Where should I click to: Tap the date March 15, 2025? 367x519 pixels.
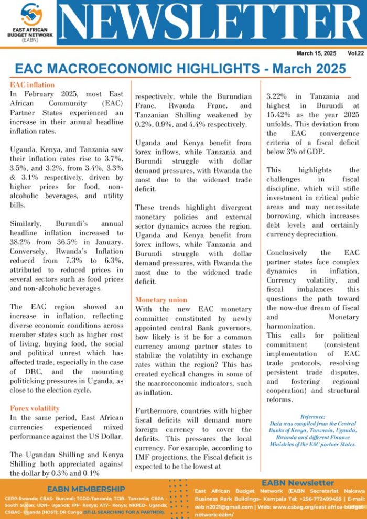[x=316, y=53]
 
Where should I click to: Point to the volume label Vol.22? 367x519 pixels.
[x=355, y=53]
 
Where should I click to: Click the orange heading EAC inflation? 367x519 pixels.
[x=32, y=84]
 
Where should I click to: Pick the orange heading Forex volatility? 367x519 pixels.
[x=35, y=408]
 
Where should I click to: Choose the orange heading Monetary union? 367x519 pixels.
[x=161, y=300]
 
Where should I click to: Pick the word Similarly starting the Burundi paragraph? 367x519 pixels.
[x=26, y=223]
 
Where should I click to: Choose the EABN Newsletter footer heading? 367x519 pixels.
[x=298, y=482]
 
